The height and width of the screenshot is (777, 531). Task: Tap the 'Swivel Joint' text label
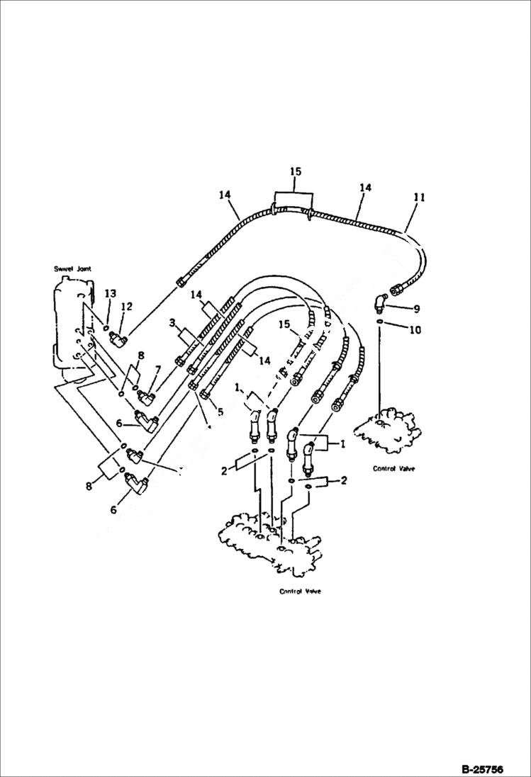coord(72,269)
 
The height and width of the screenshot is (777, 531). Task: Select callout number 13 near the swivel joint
coord(110,293)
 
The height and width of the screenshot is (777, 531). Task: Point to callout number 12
coord(126,306)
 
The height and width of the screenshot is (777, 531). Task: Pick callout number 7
coord(158,369)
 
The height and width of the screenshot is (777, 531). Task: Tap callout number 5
coord(220,411)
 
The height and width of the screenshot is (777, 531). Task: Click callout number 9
coord(417,308)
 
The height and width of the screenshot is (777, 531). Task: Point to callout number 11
coord(419,198)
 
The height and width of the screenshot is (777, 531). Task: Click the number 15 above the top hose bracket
coord(295,171)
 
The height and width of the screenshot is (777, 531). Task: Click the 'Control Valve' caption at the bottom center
coord(299,591)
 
